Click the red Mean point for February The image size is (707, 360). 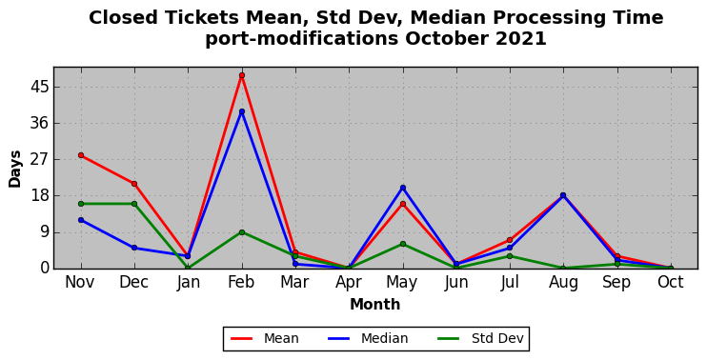pos(242,75)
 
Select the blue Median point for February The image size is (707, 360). pos(242,111)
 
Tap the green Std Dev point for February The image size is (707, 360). pos(242,232)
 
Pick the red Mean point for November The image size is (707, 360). pos(81,155)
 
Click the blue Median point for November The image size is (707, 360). pos(81,220)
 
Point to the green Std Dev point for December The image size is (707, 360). pos(134,204)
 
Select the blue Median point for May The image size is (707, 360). pos(403,188)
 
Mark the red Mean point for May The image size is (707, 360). pos(403,204)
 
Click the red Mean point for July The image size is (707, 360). pos(510,240)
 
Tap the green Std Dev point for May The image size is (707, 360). pos(403,244)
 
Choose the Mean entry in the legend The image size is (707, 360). pos(265,338)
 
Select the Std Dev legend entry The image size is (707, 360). pos(480,338)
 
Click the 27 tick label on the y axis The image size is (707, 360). pos(39,159)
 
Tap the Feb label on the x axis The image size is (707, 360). pos(241,282)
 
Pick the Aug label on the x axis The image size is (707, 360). pos(563,283)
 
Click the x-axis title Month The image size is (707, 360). pos(375,304)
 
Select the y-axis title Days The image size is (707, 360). pos(15,169)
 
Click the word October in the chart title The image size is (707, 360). pos(447,39)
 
